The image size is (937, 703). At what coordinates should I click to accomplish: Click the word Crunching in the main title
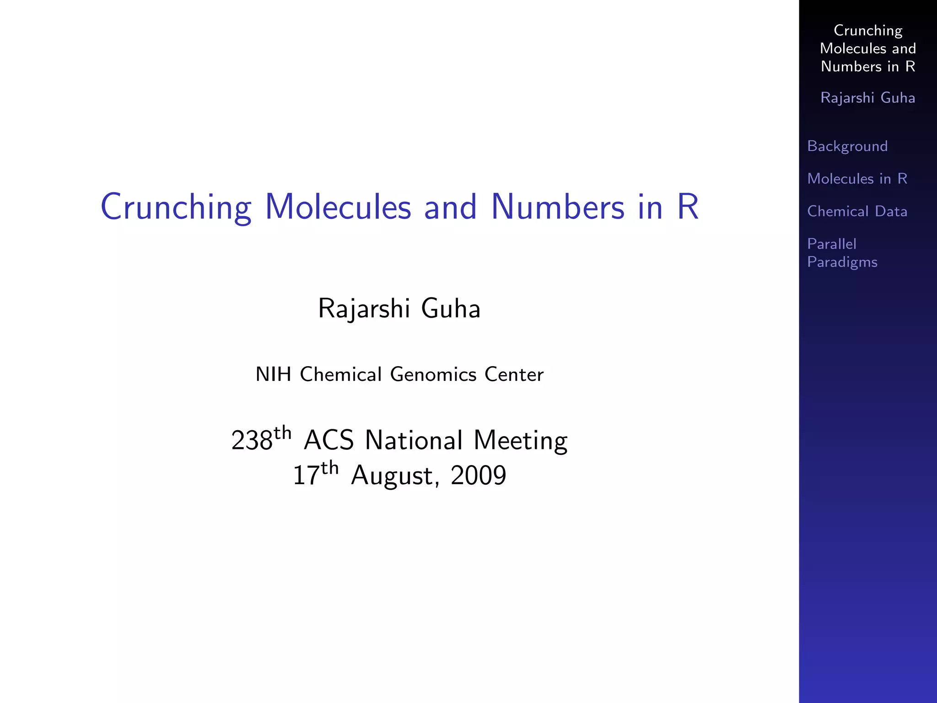176,207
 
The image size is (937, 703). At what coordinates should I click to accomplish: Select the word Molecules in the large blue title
338,207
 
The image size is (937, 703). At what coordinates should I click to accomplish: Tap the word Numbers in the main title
557,207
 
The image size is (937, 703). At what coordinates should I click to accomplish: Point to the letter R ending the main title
688,207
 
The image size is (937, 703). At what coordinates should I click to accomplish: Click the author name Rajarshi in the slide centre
364,308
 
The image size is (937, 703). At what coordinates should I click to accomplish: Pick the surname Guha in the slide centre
451,308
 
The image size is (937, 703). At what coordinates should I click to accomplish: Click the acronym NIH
273,374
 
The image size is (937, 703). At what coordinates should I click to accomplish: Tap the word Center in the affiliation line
514,374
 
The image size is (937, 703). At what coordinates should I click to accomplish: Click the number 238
252,441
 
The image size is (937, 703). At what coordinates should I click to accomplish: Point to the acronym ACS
328,441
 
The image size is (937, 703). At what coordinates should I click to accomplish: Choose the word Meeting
520,441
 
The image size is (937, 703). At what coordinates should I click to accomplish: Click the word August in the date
392,476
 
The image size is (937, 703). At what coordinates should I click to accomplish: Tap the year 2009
478,476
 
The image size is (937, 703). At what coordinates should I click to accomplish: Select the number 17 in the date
306,476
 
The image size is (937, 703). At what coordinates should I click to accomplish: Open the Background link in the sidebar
847,146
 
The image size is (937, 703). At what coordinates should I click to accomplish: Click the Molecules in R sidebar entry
857,178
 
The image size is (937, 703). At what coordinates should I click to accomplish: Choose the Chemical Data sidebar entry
857,211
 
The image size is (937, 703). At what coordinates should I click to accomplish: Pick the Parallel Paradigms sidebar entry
842,253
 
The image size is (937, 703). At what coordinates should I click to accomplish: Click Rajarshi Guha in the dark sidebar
867,97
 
